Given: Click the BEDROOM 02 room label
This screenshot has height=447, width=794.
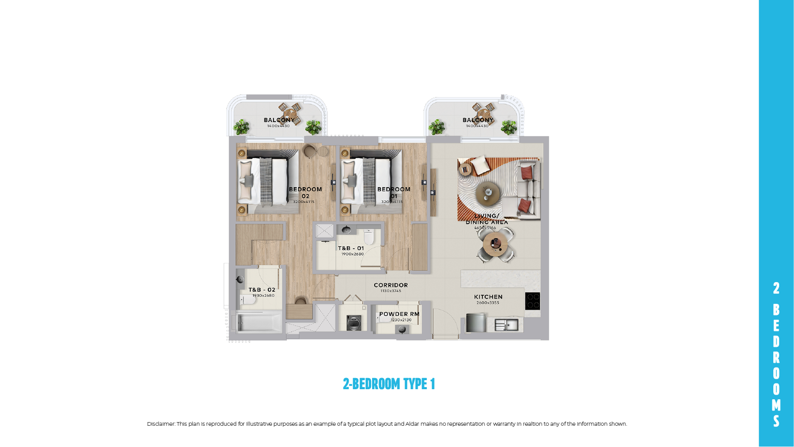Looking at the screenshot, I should (x=305, y=192).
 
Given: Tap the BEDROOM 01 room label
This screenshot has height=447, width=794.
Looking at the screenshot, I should (x=394, y=192).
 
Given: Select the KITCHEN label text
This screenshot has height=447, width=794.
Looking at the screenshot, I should (x=488, y=297).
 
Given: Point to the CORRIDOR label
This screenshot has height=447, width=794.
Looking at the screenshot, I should (x=391, y=285).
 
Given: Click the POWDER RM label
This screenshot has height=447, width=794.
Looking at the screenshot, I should (x=399, y=314).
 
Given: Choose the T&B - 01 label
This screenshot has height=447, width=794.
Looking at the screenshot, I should (x=351, y=248).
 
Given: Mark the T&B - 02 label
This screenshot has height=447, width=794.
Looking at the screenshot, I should (x=262, y=290).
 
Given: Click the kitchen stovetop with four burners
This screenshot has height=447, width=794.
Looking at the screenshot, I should (x=532, y=301).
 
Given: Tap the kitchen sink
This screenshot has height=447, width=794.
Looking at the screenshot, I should (x=506, y=324).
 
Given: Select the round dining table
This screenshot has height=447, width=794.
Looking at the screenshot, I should (x=495, y=244).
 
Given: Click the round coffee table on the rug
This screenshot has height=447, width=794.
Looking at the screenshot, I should (x=488, y=193).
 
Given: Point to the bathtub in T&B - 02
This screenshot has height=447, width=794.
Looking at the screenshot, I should (x=259, y=322).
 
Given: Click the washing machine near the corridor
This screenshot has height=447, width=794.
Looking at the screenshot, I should (x=353, y=322).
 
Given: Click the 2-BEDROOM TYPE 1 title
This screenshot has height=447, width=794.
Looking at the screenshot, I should (x=389, y=384).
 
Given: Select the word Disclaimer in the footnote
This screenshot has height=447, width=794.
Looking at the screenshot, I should (x=160, y=424).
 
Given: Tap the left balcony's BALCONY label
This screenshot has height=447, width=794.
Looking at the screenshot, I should (x=279, y=120).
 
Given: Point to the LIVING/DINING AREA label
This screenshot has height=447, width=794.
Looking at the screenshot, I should (x=487, y=219).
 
